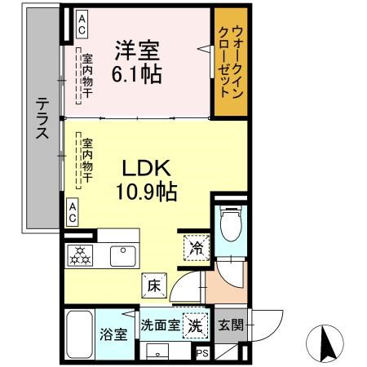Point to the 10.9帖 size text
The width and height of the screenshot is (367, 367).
tap(146, 193)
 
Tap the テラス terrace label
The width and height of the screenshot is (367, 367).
tap(41, 117)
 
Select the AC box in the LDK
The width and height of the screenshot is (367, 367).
tap(73, 213)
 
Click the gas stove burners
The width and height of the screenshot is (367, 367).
tap(82, 255)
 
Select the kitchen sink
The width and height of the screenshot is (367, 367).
tap(124, 256)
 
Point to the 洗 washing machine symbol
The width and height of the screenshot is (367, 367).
tap(194, 324)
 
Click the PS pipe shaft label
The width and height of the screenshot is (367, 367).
tap(201, 352)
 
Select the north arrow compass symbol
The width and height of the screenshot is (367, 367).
tap(326, 343)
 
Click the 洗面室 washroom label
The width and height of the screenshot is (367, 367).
tap(160, 325)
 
